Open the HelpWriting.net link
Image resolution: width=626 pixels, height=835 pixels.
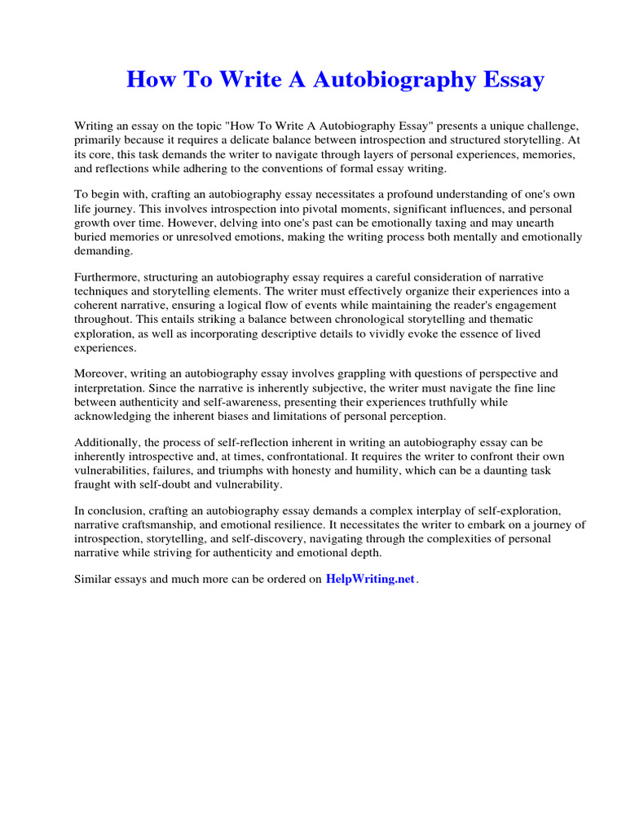click(370, 579)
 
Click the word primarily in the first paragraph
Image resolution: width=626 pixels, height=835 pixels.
click(99, 140)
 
